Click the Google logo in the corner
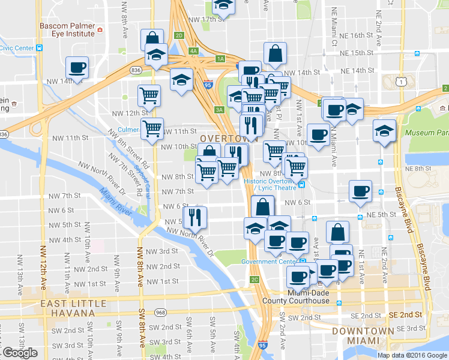[x=20, y=353]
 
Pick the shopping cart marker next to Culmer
[x=152, y=128]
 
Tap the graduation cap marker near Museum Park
[x=384, y=130]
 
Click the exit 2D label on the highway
[x=179, y=35]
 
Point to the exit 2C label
[x=255, y=279]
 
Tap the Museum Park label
[x=427, y=132]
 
